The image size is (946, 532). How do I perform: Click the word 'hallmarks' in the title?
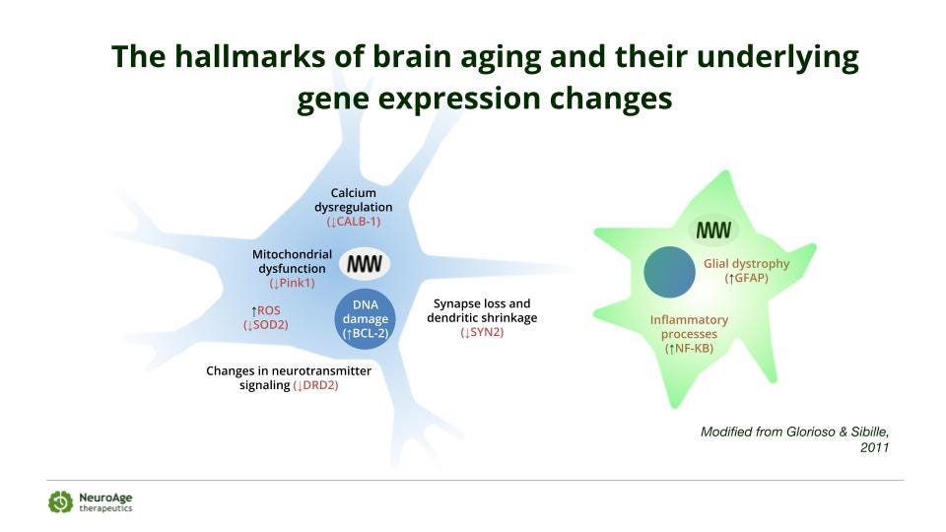pos(235,57)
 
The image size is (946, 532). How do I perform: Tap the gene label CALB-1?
pos(354,222)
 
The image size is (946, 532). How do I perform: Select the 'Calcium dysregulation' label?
pos(354,200)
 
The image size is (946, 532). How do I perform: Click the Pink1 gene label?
pos(292,283)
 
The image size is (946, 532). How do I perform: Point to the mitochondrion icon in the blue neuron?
pos(365,264)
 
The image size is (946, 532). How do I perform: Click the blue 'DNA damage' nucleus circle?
pos(366,319)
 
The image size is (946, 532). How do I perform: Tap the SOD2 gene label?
pos(266,325)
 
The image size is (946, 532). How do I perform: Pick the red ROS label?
pos(266,310)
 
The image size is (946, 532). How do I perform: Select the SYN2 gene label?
pos(482,333)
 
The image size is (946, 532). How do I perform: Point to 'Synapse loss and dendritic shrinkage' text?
pos(482,310)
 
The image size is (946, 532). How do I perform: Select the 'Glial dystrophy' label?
pos(746,264)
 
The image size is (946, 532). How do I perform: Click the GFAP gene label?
pos(746,279)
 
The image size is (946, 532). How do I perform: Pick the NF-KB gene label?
pos(689,348)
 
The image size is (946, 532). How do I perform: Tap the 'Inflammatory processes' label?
pos(689,326)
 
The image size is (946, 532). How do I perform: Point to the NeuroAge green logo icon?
pos(60,501)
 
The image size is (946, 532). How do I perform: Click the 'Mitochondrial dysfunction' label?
pos(292,261)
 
